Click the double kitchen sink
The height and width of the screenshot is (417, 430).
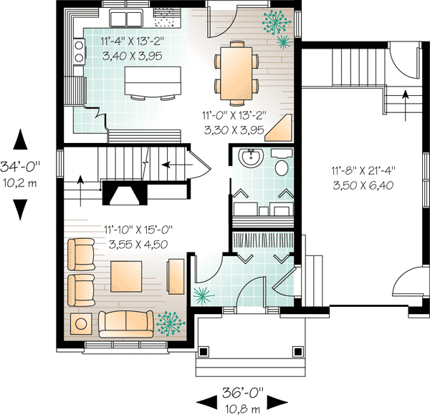click(x=126, y=18)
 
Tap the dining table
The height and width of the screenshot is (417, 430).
click(x=236, y=74)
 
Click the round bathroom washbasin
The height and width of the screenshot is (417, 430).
click(x=251, y=157)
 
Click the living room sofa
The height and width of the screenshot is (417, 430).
click(x=126, y=324)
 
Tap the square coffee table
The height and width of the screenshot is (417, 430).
click(x=126, y=276)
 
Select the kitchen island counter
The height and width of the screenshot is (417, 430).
click(x=153, y=81)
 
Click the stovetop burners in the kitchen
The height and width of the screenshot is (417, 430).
click(x=79, y=51)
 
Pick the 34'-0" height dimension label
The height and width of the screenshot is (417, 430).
click(x=20, y=167)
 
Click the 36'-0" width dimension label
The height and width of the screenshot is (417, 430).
click(x=242, y=393)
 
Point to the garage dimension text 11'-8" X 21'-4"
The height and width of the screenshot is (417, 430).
click(x=363, y=171)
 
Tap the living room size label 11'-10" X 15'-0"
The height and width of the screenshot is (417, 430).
click(x=138, y=230)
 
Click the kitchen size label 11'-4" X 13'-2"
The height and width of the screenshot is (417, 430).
click(x=132, y=41)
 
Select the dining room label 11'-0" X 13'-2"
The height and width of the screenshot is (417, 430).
click(x=234, y=115)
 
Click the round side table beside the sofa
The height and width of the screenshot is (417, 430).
click(x=81, y=324)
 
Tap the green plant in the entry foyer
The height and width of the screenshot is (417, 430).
click(x=204, y=296)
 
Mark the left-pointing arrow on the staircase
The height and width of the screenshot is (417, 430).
click(x=177, y=165)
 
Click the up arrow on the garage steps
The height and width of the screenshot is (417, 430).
click(x=405, y=105)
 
